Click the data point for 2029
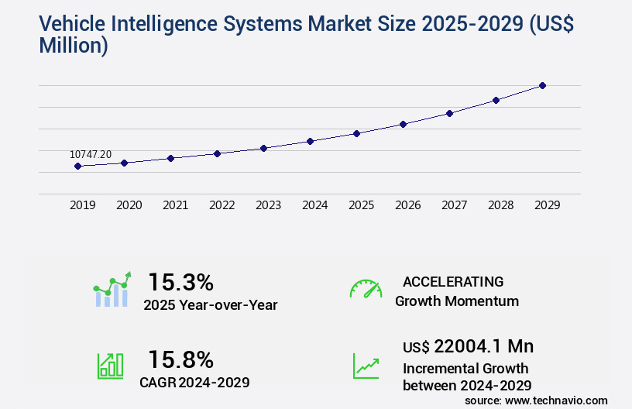(542, 85)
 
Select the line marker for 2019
(77, 166)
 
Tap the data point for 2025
(356, 133)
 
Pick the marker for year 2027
(449, 113)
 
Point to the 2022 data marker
(217, 153)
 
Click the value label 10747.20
(91, 154)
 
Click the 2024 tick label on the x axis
(314, 205)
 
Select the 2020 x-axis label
(129, 205)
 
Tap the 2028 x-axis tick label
(500, 205)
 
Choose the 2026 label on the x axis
(407, 205)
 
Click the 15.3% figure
(180, 282)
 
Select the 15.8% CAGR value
(180, 359)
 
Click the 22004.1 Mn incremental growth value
(468, 346)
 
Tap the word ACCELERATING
(453, 281)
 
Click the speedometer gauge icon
(366, 289)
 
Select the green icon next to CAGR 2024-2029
(110, 366)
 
